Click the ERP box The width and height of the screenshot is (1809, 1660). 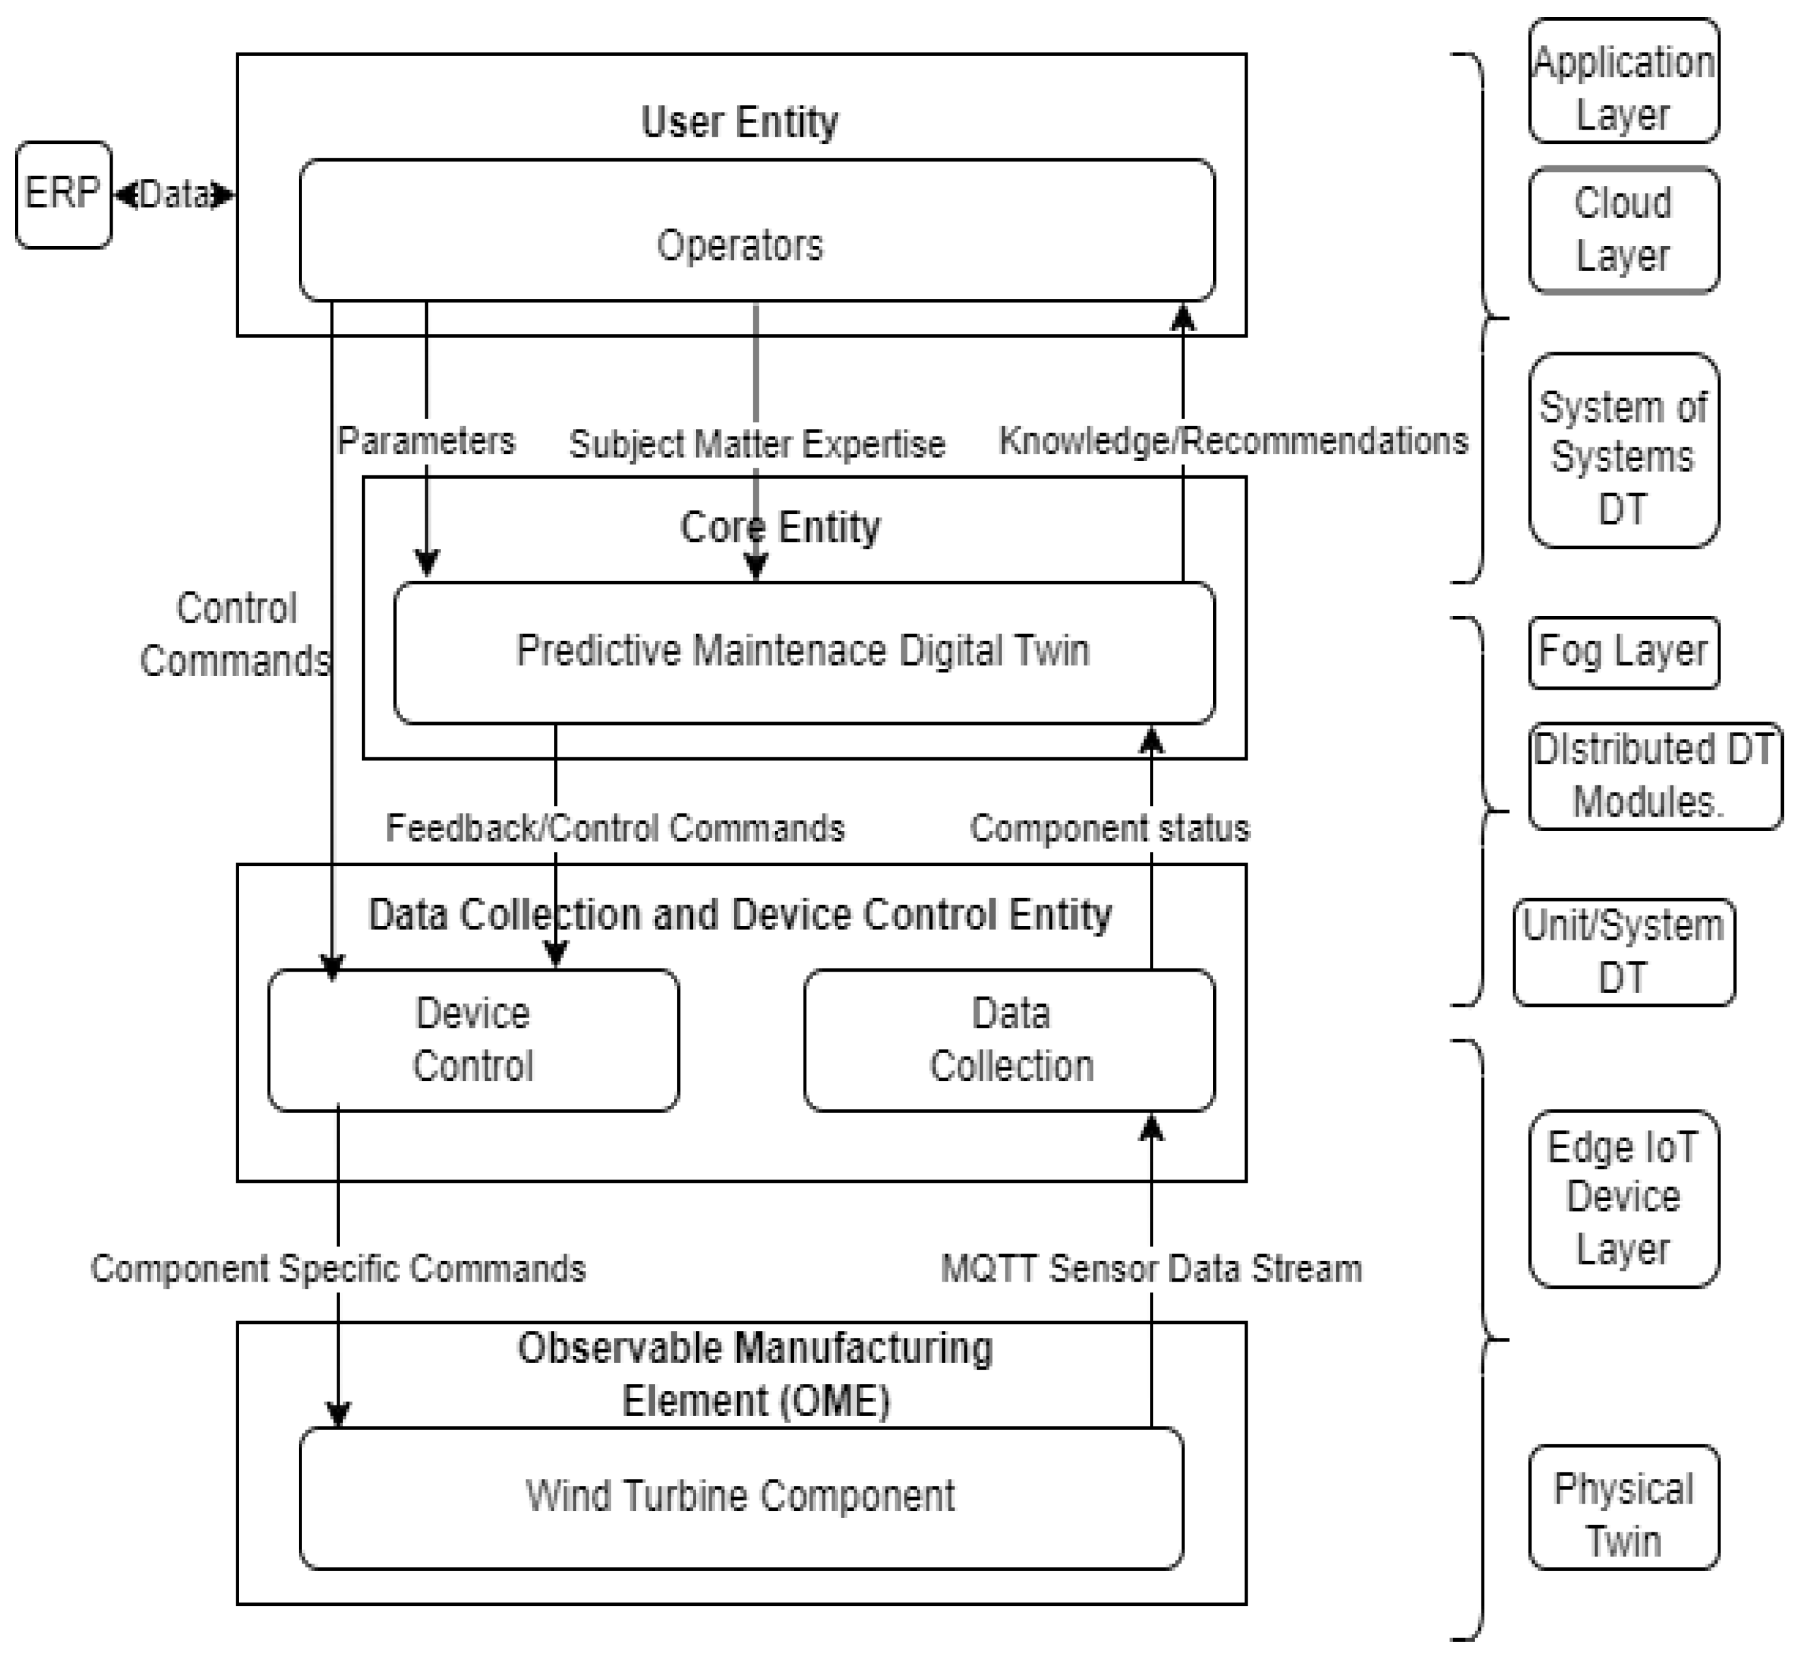tap(63, 194)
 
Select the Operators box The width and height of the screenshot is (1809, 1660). tap(756, 230)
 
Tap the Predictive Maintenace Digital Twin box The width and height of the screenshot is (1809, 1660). tap(804, 652)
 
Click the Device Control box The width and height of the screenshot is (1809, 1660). tap(473, 1040)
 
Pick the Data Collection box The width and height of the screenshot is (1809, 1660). tap(1009, 1040)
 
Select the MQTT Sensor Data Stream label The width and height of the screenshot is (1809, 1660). tap(1151, 1269)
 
